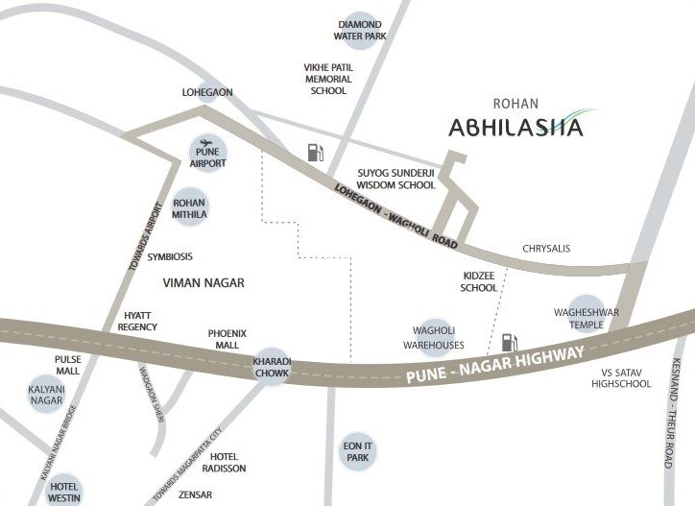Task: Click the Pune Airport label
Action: [x=208, y=157]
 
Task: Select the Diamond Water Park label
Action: [x=360, y=30]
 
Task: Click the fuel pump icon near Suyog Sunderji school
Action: [x=315, y=152]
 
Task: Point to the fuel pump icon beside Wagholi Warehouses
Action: [x=510, y=342]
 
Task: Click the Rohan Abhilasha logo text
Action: [x=515, y=127]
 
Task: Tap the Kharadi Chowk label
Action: [x=271, y=367]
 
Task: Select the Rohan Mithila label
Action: [x=189, y=208]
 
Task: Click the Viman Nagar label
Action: [x=204, y=283]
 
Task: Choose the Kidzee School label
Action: [x=478, y=281]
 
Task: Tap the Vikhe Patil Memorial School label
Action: [x=328, y=79]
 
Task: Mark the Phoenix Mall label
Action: [x=228, y=339]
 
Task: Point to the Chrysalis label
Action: [x=546, y=249]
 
